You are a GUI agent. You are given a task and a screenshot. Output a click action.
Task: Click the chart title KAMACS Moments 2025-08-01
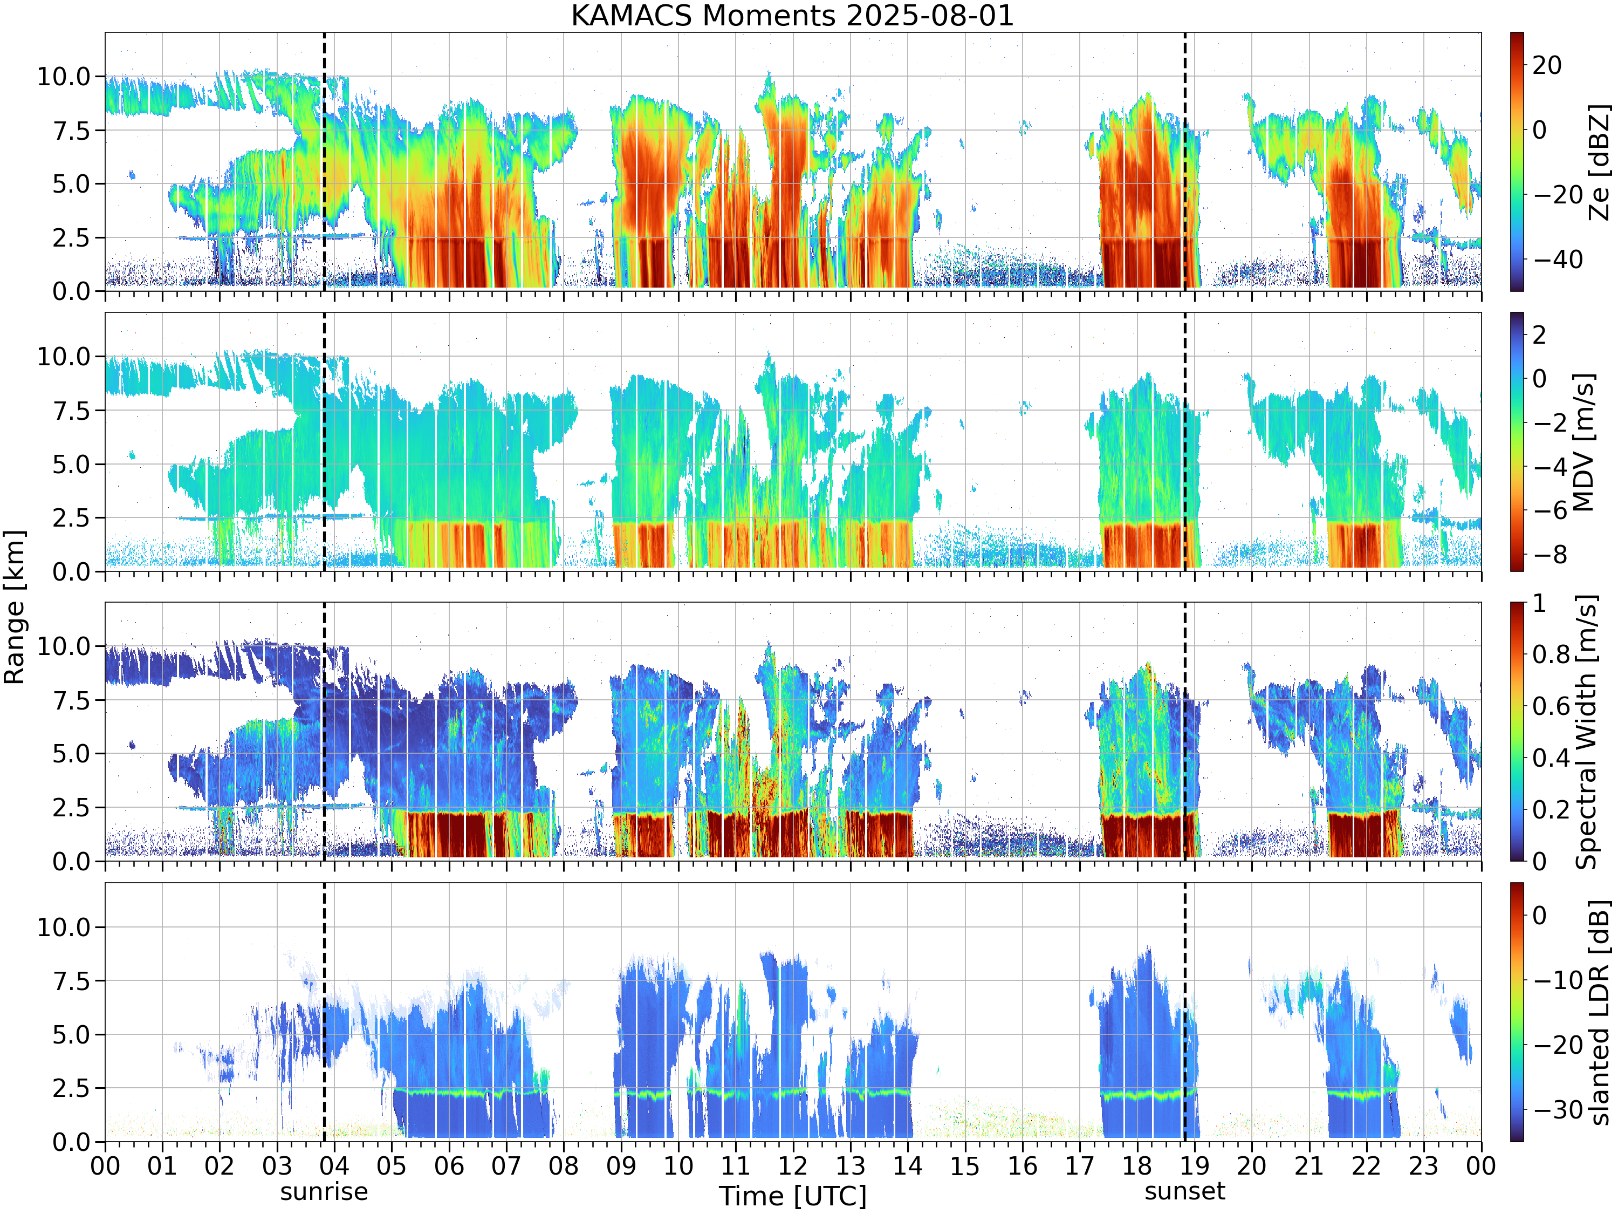[x=793, y=15]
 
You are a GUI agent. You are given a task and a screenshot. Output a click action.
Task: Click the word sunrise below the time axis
[x=324, y=1191]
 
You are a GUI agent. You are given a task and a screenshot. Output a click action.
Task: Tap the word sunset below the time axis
[x=1185, y=1191]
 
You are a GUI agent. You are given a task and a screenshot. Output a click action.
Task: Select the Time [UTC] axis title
[x=793, y=1196]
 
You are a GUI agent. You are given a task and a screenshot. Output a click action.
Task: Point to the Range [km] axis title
[x=15, y=608]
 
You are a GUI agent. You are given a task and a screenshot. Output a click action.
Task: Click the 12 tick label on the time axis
[x=793, y=1165]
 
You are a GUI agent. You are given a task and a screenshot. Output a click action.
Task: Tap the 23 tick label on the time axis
[x=1423, y=1165]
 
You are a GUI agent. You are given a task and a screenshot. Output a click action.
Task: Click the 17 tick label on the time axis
[x=1080, y=1165]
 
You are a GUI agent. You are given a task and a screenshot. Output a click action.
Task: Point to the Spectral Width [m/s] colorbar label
[x=1586, y=732]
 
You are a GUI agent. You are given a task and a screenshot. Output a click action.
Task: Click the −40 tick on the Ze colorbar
[x=1558, y=259]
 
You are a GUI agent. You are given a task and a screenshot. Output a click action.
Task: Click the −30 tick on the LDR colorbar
[x=1558, y=1109]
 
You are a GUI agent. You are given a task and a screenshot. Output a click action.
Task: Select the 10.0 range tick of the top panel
[x=64, y=76]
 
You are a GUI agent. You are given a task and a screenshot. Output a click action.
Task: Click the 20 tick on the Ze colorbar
[x=1547, y=65]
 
